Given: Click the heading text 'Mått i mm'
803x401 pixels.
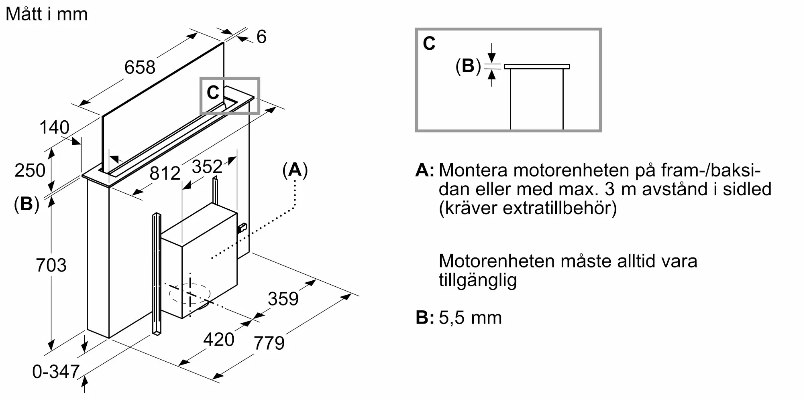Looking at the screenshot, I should pyautogui.click(x=47, y=14).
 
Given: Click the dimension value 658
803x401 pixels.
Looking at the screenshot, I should pyautogui.click(x=140, y=67).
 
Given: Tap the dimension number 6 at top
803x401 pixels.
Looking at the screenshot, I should pyautogui.click(x=261, y=37).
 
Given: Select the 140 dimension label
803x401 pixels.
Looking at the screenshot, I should pyautogui.click(x=54, y=128).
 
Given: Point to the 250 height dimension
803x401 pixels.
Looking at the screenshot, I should pyautogui.click(x=30, y=170).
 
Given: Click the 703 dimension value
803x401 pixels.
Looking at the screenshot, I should pyautogui.click(x=51, y=265).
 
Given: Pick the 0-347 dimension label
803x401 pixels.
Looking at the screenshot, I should pyautogui.click(x=56, y=372).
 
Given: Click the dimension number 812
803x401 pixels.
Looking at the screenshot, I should pyautogui.click(x=165, y=173).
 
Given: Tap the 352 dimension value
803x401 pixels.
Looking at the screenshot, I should pyautogui.click(x=207, y=166).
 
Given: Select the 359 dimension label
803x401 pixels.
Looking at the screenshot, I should pyautogui.click(x=283, y=299).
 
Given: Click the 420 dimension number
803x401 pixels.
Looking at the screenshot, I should pyautogui.click(x=219, y=340).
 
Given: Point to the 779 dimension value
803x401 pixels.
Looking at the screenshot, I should pyautogui.click(x=269, y=343).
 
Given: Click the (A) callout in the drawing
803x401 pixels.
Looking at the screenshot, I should pyautogui.click(x=295, y=170).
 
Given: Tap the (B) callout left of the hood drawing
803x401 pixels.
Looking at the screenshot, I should pyautogui.click(x=26, y=204).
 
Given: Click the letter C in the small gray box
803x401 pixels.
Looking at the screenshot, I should pyautogui.click(x=213, y=93).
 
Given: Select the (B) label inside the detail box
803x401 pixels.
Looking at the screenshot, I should pyautogui.click(x=468, y=66).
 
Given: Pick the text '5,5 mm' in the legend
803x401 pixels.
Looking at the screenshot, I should pyautogui.click(x=470, y=318).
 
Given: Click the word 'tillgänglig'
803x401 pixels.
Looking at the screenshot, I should pyautogui.click(x=477, y=280).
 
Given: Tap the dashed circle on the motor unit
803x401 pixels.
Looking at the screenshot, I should pyautogui.click(x=190, y=294).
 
